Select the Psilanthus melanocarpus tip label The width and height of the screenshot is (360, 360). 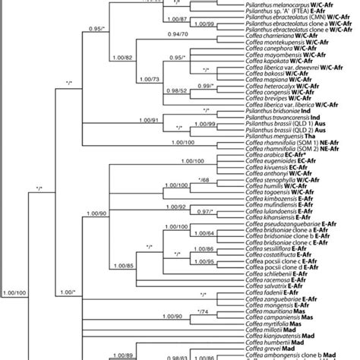click(x=273, y=5)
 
